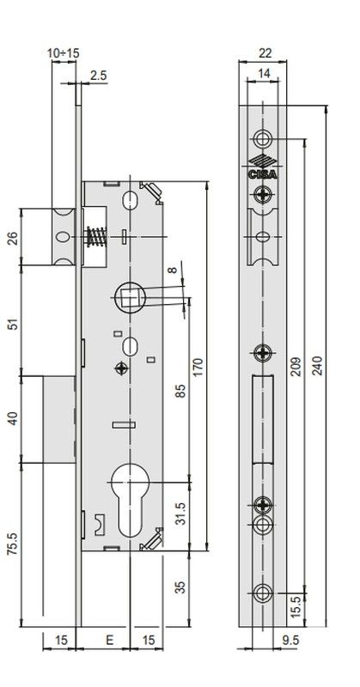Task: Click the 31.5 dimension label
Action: (x=179, y=514)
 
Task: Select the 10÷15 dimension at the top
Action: (x=64, y=52)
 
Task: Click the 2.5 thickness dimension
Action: (x=97, y=76)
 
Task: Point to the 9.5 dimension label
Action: (x=290, y=640)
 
